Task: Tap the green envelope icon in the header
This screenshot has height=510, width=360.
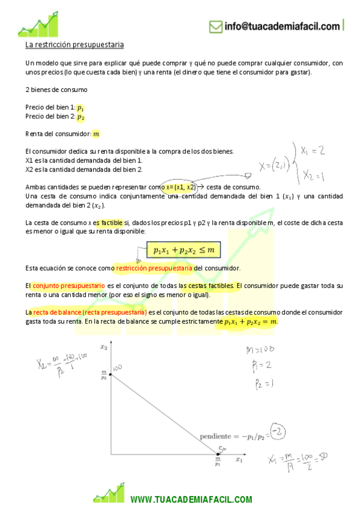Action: point(215,26)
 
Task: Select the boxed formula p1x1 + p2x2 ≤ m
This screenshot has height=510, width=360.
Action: point(184,249)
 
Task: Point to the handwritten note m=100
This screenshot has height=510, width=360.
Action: point(260,349)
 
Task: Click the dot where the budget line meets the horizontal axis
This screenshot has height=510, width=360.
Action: point(218,453)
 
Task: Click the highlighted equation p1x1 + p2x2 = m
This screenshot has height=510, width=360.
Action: point(251,322)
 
